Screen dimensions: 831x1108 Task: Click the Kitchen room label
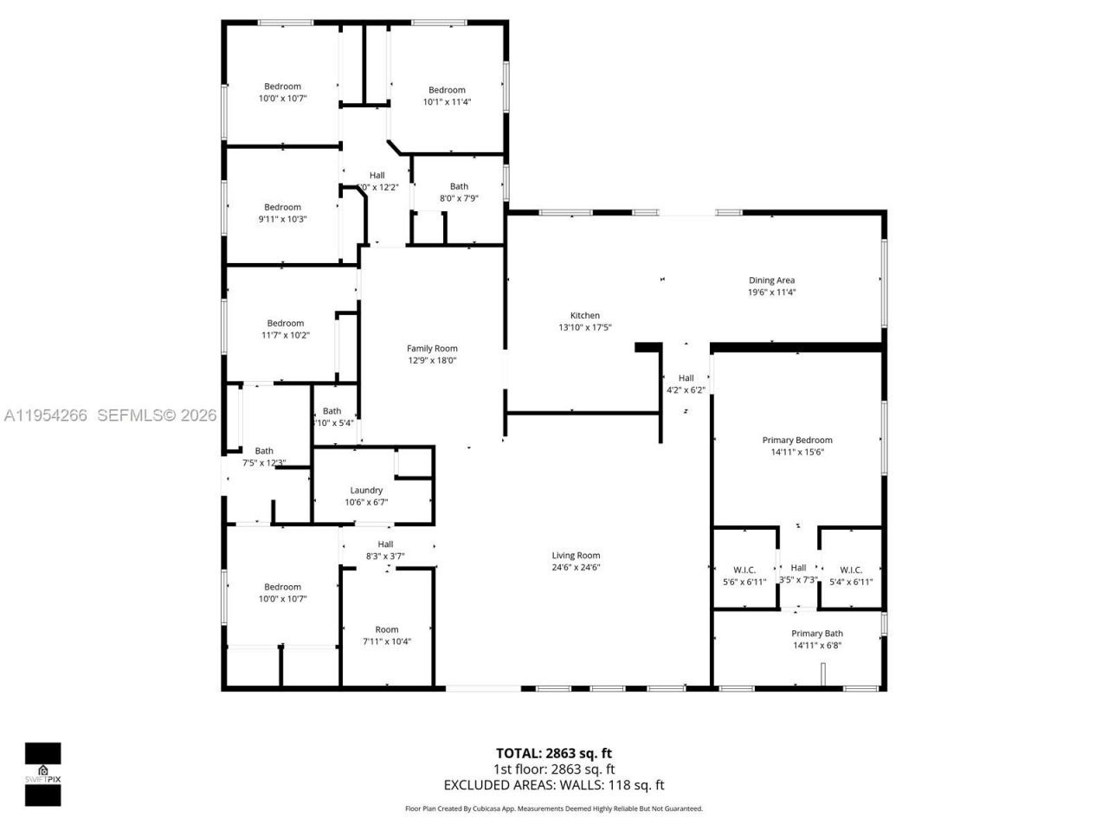click(585, 316)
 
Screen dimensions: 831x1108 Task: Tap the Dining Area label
click(771, 280)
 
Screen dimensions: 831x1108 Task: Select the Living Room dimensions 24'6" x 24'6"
click(576, 568)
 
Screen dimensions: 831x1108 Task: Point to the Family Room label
click(432, 349)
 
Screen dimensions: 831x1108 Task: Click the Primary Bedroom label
click(796, 440)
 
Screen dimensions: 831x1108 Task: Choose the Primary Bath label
click(816, 634)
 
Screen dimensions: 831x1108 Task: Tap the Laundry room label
click(366, 490)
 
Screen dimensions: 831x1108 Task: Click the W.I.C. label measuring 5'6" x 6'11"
click(744, 570)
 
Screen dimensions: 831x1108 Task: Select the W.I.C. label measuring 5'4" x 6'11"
click(851, 570)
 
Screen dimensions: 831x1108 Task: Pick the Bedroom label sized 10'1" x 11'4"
click(447, 90)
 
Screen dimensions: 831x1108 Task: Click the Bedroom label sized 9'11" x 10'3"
click(282, 208)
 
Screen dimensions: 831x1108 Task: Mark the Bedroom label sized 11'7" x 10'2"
click(286, 324)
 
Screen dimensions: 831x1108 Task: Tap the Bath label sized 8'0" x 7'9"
click(459, 186)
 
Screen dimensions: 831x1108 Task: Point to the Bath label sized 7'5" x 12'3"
click(264, 451)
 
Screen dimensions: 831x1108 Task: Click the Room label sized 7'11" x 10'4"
click(387, 630)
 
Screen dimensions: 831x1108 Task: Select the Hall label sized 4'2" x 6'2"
click(686, 378)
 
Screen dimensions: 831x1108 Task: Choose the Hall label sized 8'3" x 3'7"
click(385, 544)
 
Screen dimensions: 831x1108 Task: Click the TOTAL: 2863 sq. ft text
click(553, 753)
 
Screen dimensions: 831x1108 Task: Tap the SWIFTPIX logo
click(42, 774)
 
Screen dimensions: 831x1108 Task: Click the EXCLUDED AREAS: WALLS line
click(553, 785)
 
